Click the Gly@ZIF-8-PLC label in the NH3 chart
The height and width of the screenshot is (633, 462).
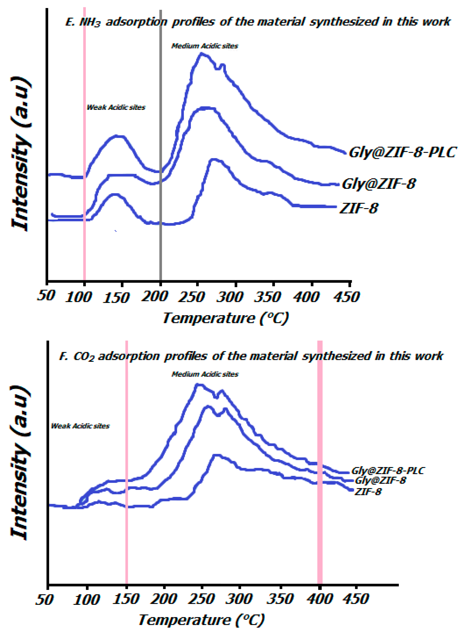click(x=403, y=153)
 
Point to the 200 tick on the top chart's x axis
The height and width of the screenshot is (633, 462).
click(x=155, y=296)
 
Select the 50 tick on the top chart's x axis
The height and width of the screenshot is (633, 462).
click(x=46, y=295)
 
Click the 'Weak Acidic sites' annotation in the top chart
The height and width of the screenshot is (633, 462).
click(x=116, y=107)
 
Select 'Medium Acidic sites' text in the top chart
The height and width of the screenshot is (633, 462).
click(x=205, y=46)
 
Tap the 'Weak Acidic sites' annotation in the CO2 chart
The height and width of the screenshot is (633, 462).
click(x=80, y=426)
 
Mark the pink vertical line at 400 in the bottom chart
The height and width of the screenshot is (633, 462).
click(x=320, y=532)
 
